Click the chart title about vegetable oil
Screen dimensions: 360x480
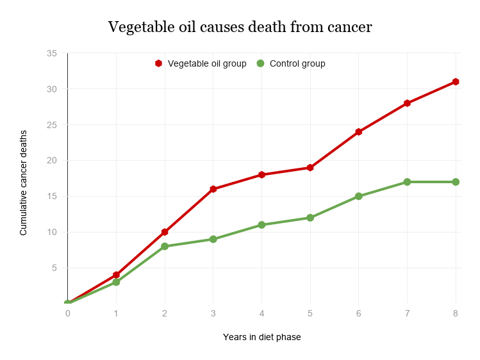coord(240,27)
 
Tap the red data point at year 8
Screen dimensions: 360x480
coord(456,81)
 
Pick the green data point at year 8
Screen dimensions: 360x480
coord(456,182)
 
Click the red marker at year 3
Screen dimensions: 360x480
coord(213,189)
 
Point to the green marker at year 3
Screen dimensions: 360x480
coord(213,239)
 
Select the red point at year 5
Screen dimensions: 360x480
coord(310,168)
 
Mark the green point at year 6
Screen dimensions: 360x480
coord(359,196)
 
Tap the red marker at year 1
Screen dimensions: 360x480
coord(116,275)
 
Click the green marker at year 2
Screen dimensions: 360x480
coord(165,246)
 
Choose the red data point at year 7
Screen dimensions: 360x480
coord(407,103)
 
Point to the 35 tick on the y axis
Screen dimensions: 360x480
coord(52,53)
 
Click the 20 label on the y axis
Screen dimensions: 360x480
coord(52,161)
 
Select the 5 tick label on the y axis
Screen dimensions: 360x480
coord(54,268)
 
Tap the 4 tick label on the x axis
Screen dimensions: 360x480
coord(261,314)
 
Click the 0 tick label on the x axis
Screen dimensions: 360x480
coord(67,314)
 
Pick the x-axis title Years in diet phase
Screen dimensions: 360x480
coord(261,337)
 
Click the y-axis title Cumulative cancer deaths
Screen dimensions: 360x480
coord(24,183)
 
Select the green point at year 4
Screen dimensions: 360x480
coord(261,225)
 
